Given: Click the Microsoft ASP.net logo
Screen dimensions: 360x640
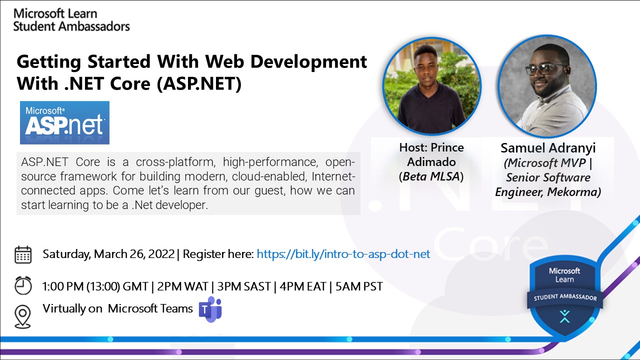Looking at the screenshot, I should (x=64, y=123).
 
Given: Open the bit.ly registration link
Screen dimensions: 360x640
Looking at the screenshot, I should (x=343, y=254).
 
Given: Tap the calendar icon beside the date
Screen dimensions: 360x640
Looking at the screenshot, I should (x=23, y=254).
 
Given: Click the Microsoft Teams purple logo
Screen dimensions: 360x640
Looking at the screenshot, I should (x=210, y=309).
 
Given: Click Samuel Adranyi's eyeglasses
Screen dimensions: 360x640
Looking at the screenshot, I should (x=546, y=69).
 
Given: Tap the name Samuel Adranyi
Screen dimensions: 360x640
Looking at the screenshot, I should (x=547, y=148).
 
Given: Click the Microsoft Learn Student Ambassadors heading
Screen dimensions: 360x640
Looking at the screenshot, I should (x=71, y=20).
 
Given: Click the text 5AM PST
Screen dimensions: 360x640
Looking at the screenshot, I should (x=359, y=286).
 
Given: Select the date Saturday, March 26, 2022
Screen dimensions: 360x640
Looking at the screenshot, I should (x=108, y=254).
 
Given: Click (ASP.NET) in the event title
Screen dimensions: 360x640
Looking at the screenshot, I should (x=199, y=83).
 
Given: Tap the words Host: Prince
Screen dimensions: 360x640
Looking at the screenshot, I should (x=431, y=147).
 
